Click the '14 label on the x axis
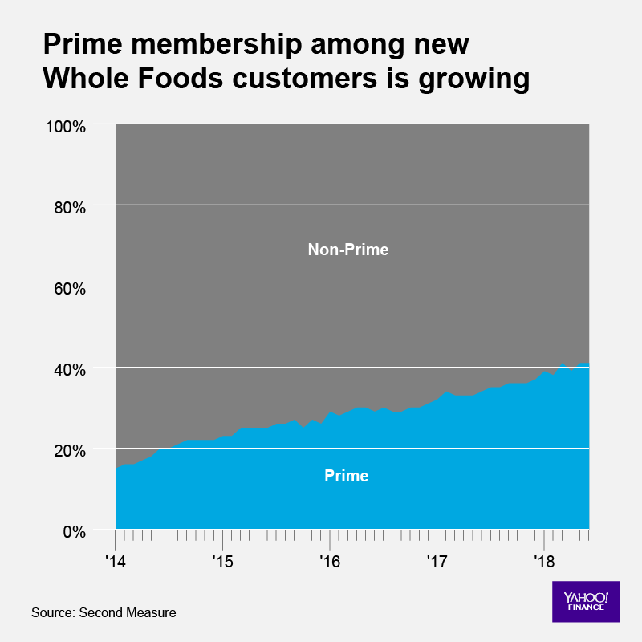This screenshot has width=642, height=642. (115, 559)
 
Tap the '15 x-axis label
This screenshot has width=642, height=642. (222, 559)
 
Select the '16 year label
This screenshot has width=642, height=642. (329, 559)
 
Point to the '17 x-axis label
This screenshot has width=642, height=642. (437, 559)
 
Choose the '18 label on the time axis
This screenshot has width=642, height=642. (544, 559)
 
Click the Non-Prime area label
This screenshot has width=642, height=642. (348, 250)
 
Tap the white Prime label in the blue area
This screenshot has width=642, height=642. (347, 476)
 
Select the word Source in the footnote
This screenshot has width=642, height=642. (52, 613)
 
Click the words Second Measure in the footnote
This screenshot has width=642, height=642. (128, 613)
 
